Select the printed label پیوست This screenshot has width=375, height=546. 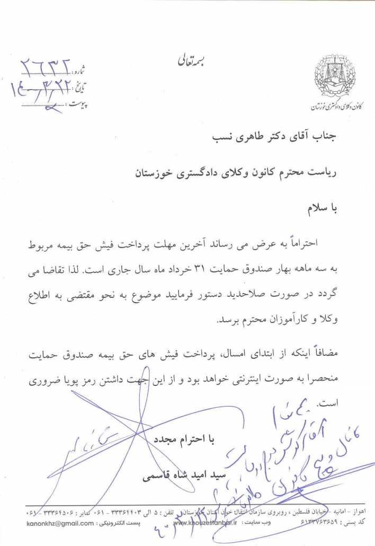(78, 103)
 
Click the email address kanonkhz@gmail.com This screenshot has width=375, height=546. (59, 523)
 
